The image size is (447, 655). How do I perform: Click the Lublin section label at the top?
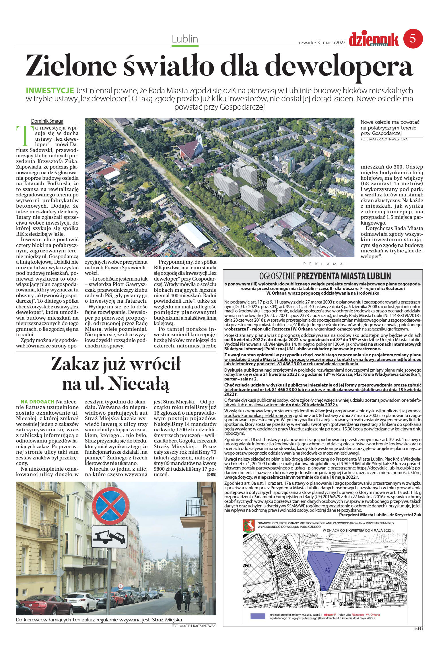click(185, 39)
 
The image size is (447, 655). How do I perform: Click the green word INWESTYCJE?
click(50, 90)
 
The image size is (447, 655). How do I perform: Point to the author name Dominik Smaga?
click(47, 121)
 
